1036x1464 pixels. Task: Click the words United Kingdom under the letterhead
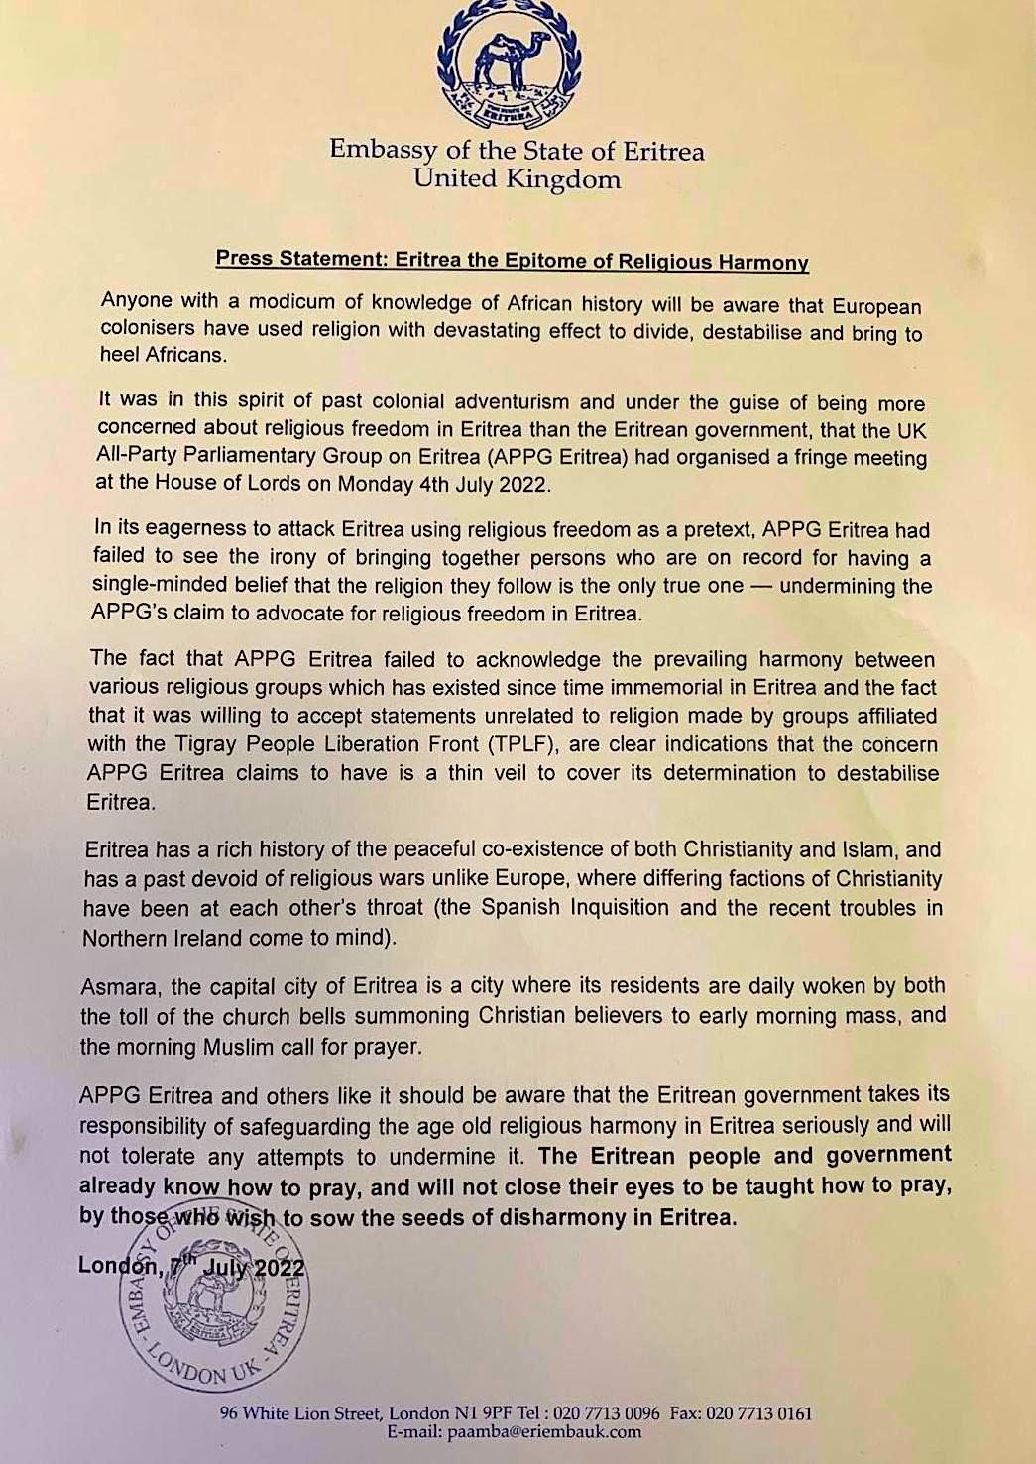517,179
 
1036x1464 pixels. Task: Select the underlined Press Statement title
513,261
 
